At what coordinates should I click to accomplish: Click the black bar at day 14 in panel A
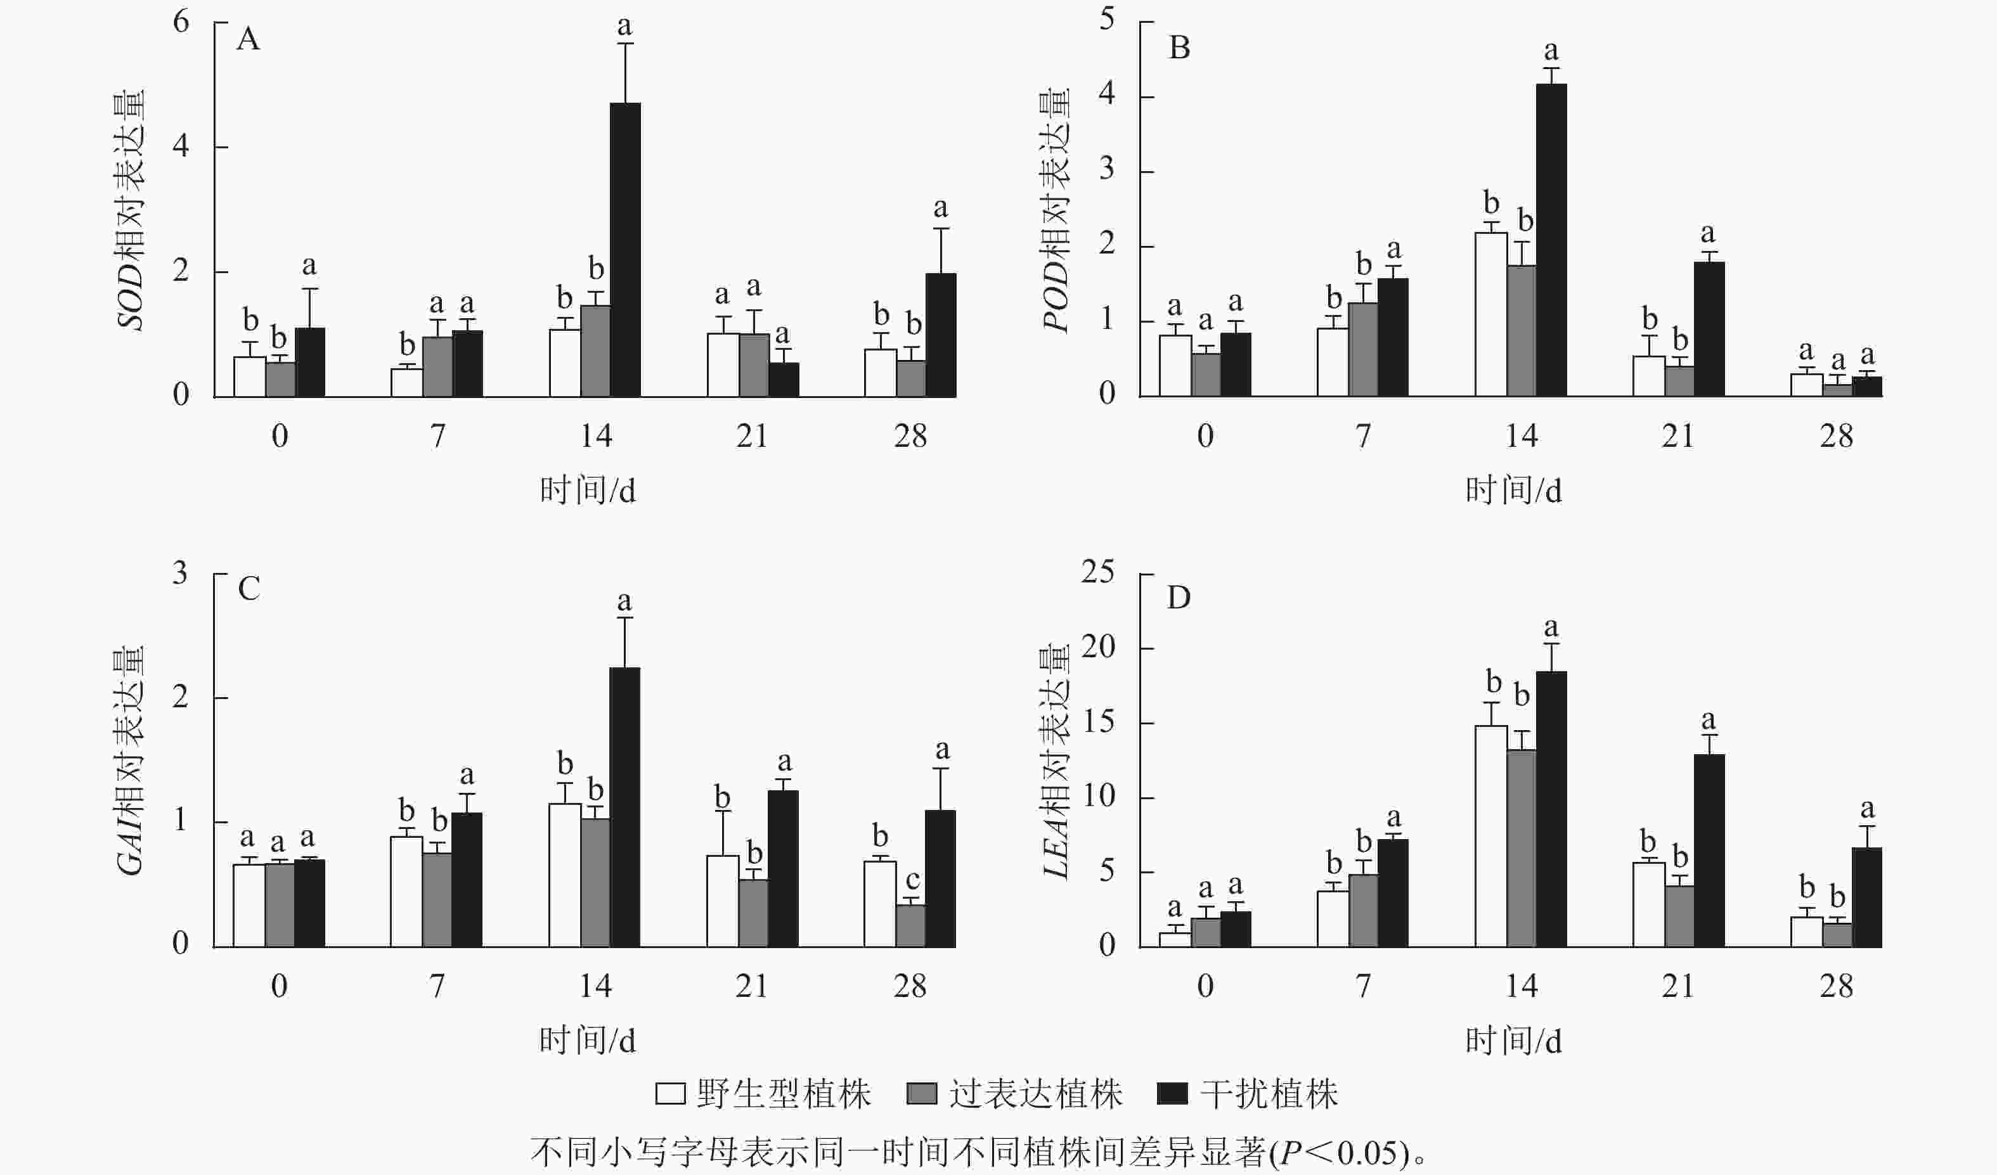click(x=625, y=250)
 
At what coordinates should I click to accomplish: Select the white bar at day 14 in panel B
click(x=1490, y=314)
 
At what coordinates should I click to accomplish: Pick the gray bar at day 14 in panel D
click(x=1521, y=848)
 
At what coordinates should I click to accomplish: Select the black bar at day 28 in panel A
click(x=941, y=335)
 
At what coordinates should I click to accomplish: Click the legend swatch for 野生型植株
click(x=669, y=1094)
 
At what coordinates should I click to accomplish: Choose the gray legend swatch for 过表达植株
click(x=922, y=1094)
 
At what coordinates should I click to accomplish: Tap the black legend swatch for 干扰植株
click(x=1172, y=1094)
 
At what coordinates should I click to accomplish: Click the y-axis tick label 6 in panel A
click(x=181, y=22)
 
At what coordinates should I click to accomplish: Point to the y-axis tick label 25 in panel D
click(x=1097, y=571)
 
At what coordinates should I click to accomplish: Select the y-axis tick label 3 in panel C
click(x=181, y=573)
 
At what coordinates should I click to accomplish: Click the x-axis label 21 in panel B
click(x=1677, y=436)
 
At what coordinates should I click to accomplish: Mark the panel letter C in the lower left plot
click(x=249, y=589)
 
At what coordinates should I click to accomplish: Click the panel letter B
click(x=1179, y=48)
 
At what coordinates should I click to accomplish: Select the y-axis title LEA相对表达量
click(x=1056, y=761)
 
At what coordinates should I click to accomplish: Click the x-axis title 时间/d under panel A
click(x=587, y=491)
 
